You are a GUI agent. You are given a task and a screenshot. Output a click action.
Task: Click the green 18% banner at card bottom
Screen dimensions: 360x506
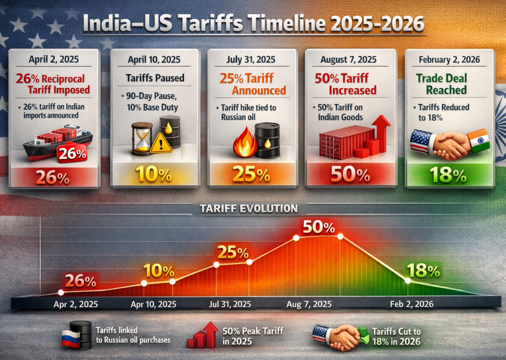pyautogui.click(x=449, y=175)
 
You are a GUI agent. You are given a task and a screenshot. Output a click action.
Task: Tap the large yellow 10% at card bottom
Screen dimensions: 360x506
pyautogui.click(x=154, y=175)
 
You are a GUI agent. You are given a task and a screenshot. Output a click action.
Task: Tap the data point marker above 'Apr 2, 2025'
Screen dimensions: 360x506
pyautogui.click(x=61, y=292)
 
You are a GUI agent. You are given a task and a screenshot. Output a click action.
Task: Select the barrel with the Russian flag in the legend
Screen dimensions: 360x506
pyautogui.click(x=79, y=334)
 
